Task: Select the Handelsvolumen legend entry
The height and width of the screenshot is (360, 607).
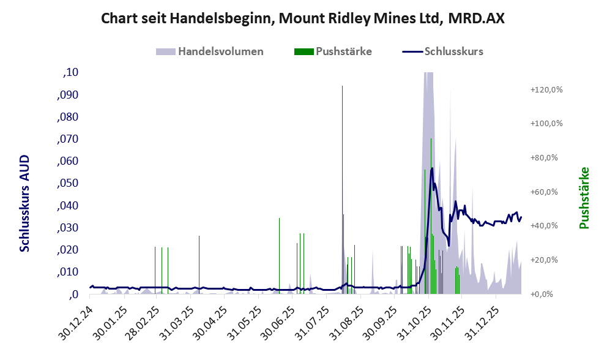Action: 210,51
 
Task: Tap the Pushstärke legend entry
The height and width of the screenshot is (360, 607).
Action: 334,51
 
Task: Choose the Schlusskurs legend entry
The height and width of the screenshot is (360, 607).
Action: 443,51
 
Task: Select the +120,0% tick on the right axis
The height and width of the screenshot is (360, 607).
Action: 546,89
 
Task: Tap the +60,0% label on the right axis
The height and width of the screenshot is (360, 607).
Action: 547,192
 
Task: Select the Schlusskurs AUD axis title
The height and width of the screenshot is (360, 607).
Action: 24,203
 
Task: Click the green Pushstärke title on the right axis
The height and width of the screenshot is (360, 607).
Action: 584,198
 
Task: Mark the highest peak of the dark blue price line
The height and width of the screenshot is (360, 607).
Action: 432,168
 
